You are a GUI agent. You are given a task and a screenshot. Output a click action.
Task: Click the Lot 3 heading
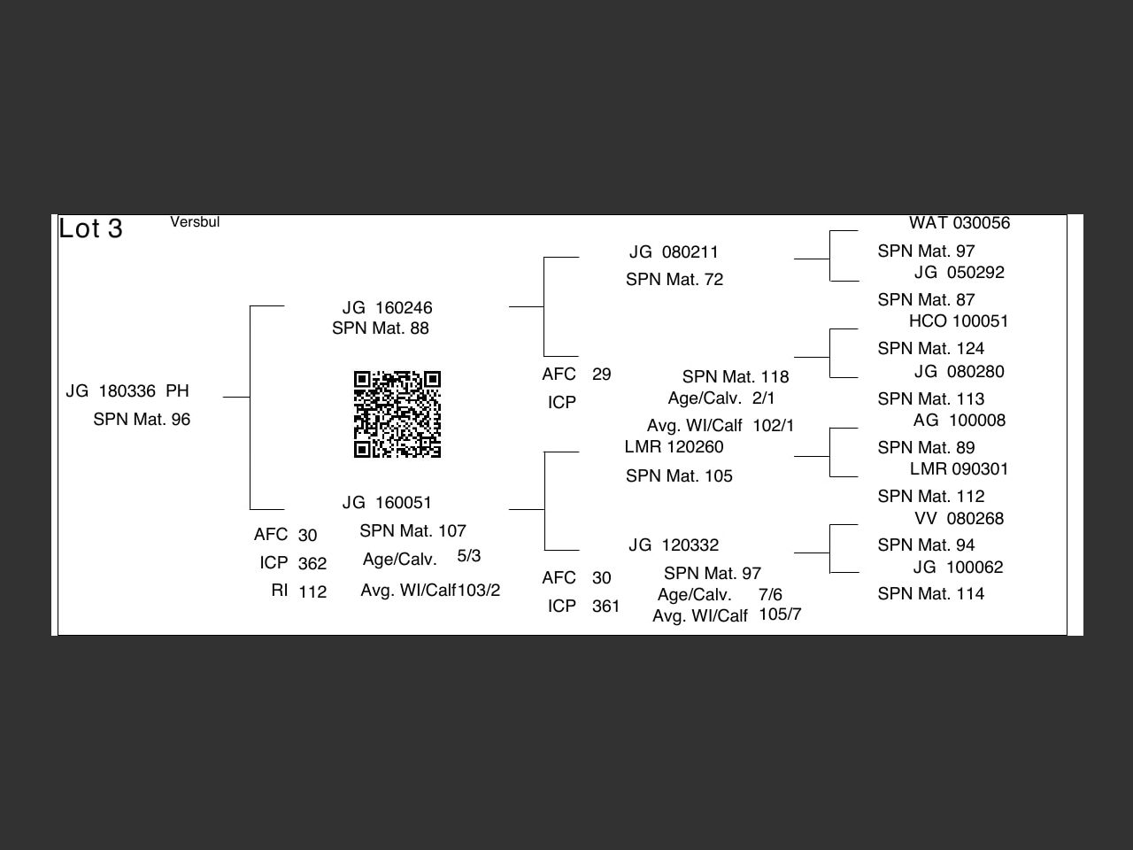coord(90,228)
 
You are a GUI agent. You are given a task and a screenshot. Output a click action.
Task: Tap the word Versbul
coord(195,222)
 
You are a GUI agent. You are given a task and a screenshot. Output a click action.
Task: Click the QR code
coord(397,414)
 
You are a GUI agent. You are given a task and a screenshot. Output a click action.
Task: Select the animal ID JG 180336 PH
coord(127,391)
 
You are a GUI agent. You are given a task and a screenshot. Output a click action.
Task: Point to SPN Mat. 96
coord(142,420)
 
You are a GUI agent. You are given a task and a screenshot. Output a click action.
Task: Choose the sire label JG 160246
coord(388,308)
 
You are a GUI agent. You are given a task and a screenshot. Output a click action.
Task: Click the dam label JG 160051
coord(388,503)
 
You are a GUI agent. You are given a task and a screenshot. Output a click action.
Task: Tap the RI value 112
coord(312,591)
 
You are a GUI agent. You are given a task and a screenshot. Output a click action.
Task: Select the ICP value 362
coord(312,563)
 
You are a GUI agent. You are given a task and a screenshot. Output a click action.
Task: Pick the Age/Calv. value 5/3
coord(469,556)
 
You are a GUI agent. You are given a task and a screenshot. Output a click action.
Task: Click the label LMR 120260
coord(674,447)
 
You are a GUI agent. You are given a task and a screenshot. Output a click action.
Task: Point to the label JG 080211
coord(674,252)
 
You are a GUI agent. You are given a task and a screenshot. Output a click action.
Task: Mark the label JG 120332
coord(674,545)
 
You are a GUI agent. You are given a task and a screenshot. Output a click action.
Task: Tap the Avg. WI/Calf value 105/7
coord(780,614)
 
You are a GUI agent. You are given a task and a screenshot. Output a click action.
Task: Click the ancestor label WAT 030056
coord(960,223)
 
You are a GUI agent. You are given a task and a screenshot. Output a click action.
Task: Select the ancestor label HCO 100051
coord(959,321)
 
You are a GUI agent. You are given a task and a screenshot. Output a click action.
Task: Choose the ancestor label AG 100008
coord(960,421)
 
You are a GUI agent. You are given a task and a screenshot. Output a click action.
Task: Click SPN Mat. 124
coord(931,349)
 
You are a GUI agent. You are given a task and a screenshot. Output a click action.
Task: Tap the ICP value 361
coord(606,607)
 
